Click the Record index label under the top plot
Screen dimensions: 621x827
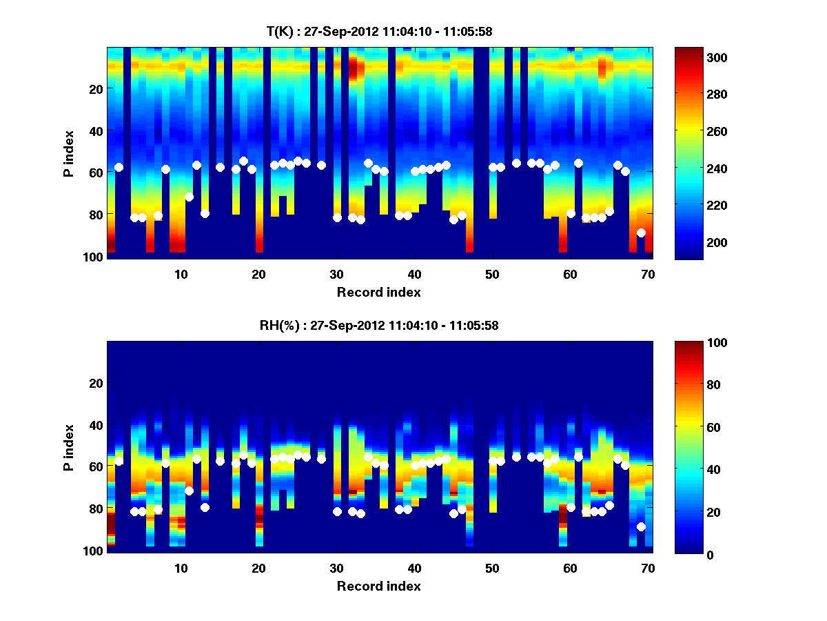point(378,292)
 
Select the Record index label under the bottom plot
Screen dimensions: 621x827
point(378,586)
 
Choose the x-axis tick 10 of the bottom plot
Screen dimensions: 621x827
point(181,569)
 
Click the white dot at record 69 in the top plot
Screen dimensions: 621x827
point(641,233)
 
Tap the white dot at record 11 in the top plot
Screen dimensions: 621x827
point(189,197)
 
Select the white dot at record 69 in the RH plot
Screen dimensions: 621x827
point(641,526)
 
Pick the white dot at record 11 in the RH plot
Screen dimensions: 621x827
point(189,491)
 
